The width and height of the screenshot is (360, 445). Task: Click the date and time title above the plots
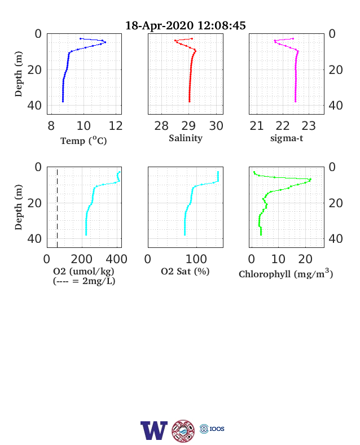coord(186,25)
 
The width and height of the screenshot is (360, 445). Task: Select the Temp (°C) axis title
coord(84,141)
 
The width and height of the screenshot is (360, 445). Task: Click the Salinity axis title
coord(186,138)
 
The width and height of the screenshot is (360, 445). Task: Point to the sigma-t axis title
coord(287,138)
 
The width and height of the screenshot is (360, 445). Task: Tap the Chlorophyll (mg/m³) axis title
coord(286,273)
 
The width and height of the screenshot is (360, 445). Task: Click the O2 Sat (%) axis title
coord(185,271)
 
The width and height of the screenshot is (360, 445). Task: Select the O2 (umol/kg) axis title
coord(84,271)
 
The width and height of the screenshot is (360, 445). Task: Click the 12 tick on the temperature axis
coord(116,126)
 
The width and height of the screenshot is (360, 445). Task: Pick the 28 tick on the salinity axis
coord(161,126)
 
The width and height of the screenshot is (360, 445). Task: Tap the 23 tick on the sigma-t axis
coord(309,126)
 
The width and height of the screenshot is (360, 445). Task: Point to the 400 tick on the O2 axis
coord(116,259)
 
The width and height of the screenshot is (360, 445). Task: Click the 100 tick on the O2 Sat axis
coord(196,259)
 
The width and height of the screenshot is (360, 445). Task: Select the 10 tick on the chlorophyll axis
coord(278,259)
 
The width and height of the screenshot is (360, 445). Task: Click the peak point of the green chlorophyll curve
coord(310,180)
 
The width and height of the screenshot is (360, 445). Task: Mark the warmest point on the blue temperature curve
coord(105,42)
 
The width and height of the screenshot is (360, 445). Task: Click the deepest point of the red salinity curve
coord(190,101)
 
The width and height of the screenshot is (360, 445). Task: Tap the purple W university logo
coord(154,430)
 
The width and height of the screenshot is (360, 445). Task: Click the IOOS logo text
coord(217,429)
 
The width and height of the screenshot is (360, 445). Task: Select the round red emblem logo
coord(183,431)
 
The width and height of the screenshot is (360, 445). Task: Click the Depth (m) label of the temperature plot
coord(18,74)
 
